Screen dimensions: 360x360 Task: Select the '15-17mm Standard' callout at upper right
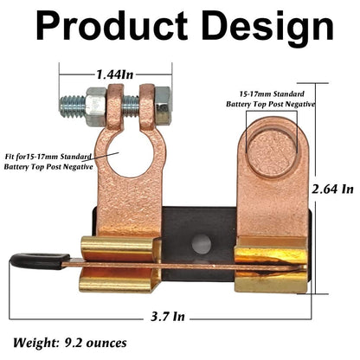[x=271, y=93]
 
